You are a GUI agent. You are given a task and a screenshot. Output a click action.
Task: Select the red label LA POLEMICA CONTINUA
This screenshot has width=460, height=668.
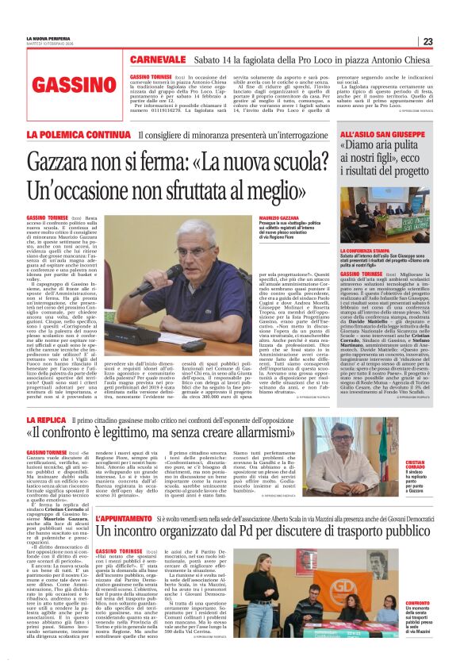click(x=77, y=135)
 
